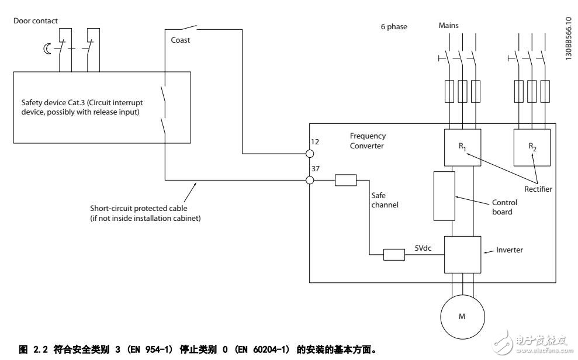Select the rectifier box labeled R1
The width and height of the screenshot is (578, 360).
tap(462, 147)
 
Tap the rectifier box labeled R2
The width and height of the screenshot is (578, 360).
tap(532, 147)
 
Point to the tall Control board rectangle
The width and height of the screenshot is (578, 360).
tap(443, 196)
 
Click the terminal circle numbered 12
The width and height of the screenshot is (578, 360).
tap(310, 154)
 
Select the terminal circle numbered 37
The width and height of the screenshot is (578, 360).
tap(310, 180)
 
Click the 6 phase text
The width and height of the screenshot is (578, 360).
tap(393, 27)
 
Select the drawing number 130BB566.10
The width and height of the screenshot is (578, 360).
tap(569, 37)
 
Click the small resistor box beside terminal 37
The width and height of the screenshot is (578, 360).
tap(345, 180)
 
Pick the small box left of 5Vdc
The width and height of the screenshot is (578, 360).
tap(394, 254)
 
